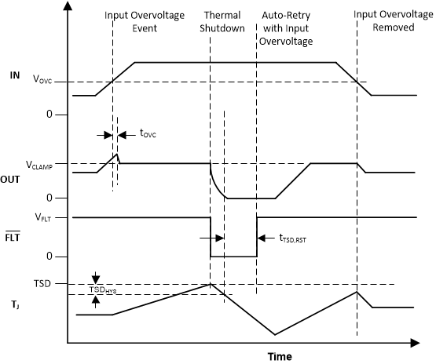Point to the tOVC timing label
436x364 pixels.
[148, 135]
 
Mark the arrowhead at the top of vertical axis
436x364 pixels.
[68, 7]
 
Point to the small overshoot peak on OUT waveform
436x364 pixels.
[117, 155]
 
